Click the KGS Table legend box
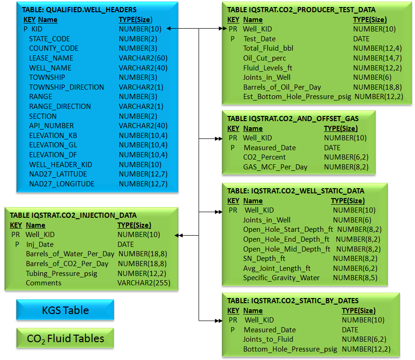coord(65,310)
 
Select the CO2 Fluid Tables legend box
coord(65,338)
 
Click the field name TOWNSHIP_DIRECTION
coord(67,87)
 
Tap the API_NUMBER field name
coord(51,126)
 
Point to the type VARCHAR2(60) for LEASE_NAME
coord(143,58)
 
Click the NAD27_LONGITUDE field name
coord(61,184)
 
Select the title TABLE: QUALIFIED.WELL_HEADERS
coord(79,10)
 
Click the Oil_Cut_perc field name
coord(265,58)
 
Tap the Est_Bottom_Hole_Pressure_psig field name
coord(297,97)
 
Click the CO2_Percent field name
coord(264,157)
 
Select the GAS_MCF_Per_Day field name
coord(275,167)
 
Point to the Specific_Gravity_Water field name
coord(281,278)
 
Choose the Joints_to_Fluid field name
coord(268,339)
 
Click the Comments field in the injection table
coord(44,283)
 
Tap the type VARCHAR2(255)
coord(144,283)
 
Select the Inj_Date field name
coord(40,245)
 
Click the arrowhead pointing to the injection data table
coord(178,235)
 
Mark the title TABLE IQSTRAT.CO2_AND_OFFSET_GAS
coord(293,119)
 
